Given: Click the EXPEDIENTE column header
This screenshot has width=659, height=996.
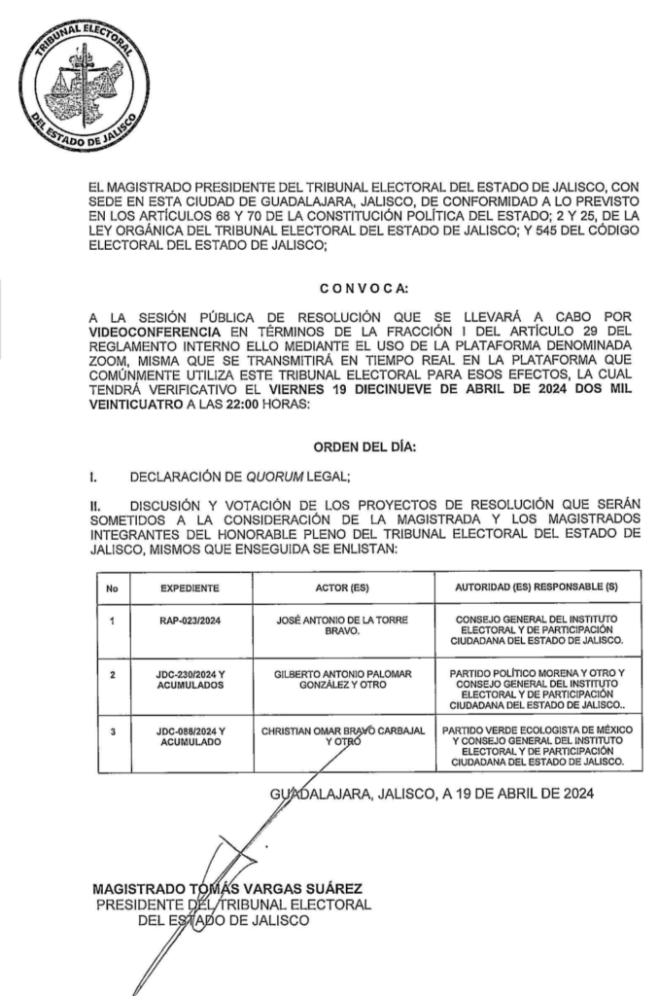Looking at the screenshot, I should click(x=191, y=588).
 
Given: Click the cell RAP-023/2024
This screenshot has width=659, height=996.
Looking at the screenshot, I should click(x=191, y=621).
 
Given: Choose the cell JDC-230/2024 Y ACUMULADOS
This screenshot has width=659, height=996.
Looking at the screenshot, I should click(x=191, y=679).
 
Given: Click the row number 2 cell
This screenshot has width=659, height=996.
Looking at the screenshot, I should click(x=114, y=673).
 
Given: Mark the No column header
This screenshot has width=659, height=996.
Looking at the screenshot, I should click(x=114, y=588).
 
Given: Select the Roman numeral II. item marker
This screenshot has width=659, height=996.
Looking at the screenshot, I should click(x=96, y=506).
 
